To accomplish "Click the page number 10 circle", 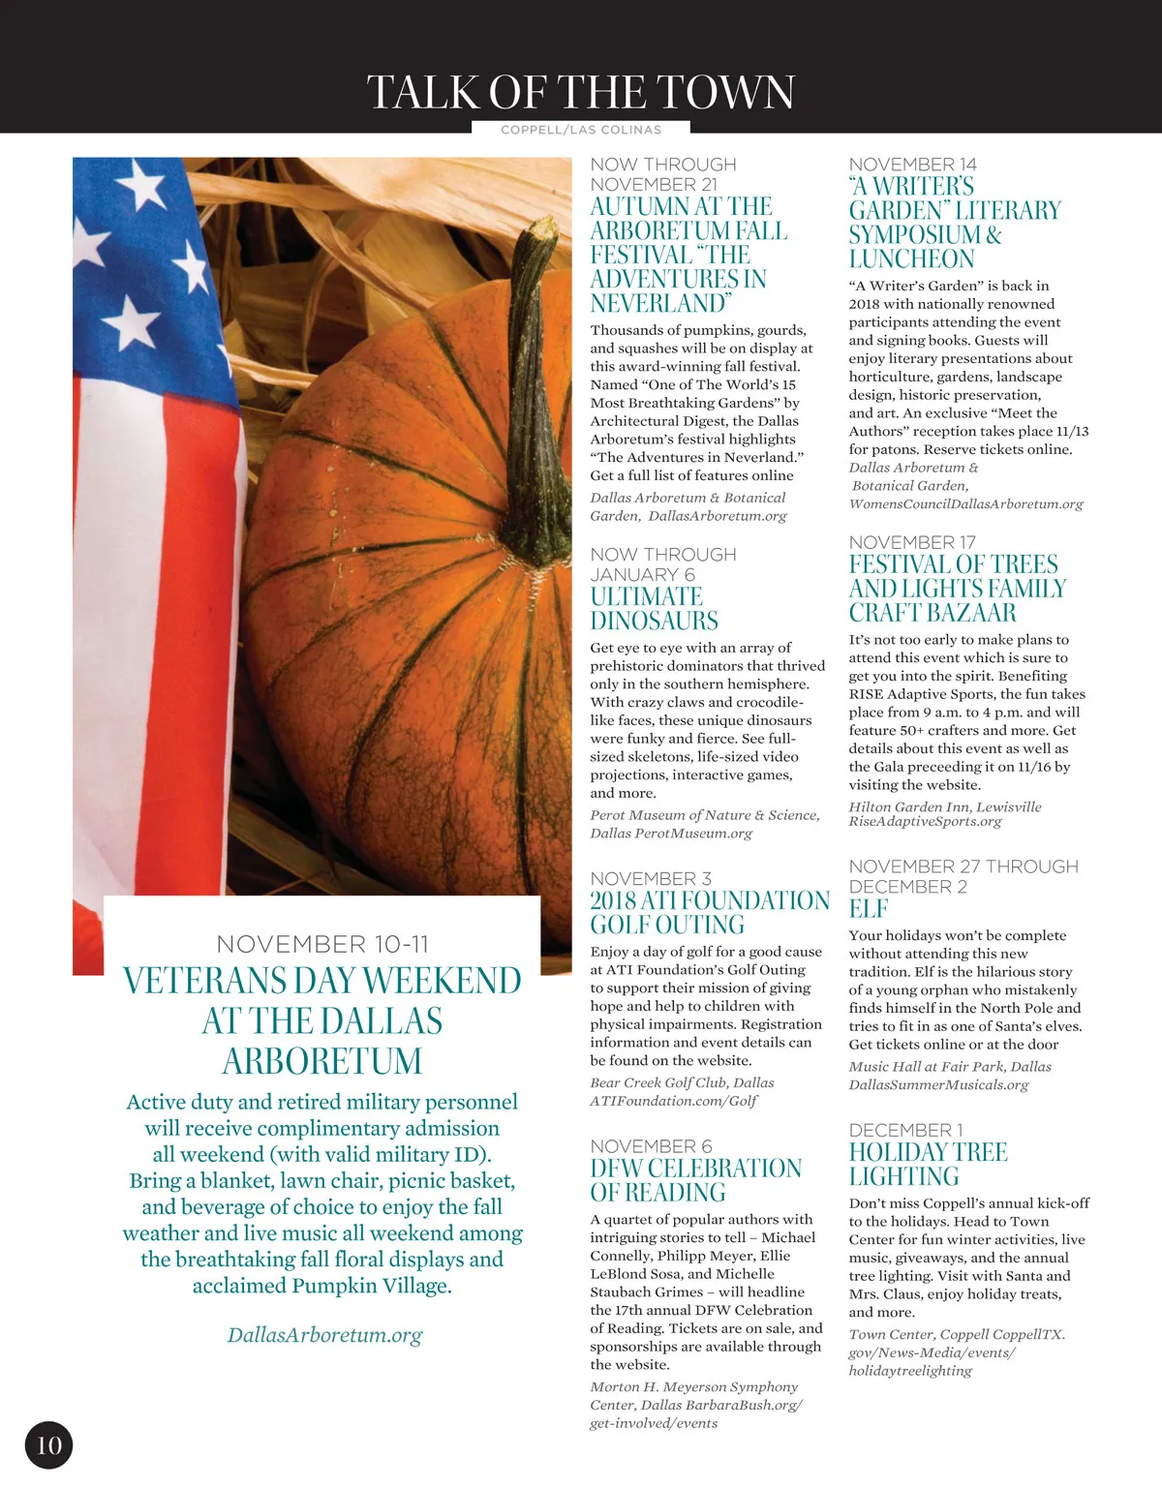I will [48, 1444].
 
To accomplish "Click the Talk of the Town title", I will [580, 93].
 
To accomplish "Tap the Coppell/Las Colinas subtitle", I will [581, 130].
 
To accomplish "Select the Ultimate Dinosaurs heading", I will [654, 609].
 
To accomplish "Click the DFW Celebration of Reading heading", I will [695, 1180].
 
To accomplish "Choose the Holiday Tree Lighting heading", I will [928, 1164].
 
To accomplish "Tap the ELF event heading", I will [868, 909].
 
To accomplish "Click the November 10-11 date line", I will [322, 944].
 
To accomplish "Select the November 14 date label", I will [912, 165].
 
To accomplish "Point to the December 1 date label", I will [905, 1130].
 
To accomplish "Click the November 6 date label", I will [651, 1146].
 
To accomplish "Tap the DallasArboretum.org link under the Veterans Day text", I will [324, 1335].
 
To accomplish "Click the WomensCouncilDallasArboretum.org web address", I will [965, 503].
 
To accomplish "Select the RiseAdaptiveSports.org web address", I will [925, 821].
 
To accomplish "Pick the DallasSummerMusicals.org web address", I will [938, 1084].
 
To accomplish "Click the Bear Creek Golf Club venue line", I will [682, 1082].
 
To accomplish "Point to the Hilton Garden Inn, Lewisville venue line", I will [945, 806].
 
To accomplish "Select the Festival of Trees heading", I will [957, 589].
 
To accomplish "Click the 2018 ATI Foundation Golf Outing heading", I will [709, 912].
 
